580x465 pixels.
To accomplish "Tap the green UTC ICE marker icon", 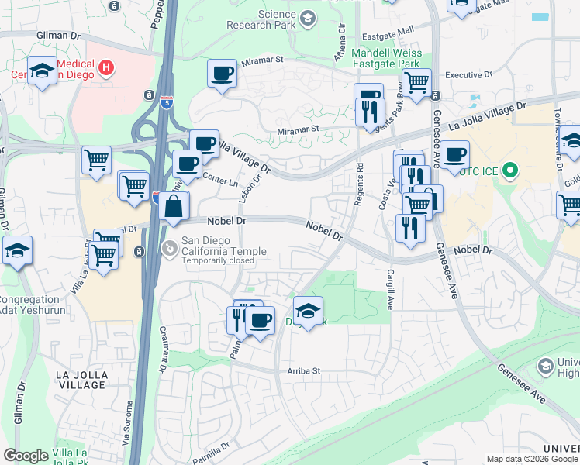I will [x=510, y=170].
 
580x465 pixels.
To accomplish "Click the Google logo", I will [x=26, y=456].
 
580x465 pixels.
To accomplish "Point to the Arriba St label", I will [x=304, y=371].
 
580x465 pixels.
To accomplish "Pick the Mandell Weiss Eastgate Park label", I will [x=385, y=58].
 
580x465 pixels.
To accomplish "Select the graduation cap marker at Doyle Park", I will [x=309, y=312].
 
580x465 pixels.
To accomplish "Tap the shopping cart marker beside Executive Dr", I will [x=417, y=82].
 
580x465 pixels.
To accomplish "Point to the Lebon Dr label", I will [x=247, y=188].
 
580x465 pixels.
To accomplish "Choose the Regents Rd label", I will [x=359, y=179].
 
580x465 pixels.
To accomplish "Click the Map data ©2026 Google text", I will [x=531, y=459].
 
